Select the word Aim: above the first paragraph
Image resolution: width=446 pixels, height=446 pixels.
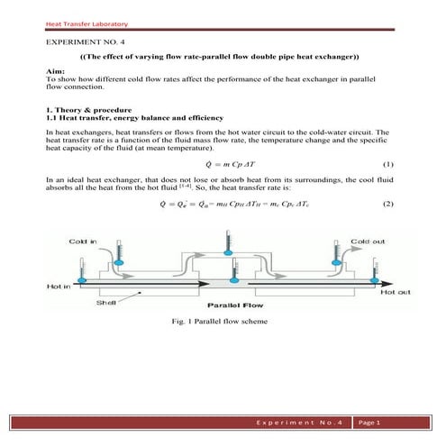53,70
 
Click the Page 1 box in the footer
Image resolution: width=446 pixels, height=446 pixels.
371,423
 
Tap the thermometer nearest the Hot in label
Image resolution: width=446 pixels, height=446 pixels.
82,271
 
